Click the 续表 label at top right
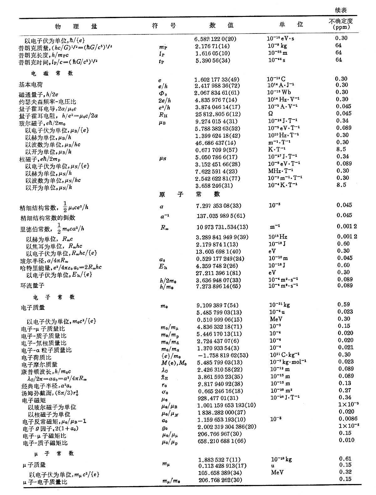pyautogui.click(x=340, y=10)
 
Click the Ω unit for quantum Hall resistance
pyautogui.click(x=270, y=114)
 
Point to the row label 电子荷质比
pyautogui.click(x=36, y=357)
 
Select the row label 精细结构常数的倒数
pyautogui.click(x=48, y=218)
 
